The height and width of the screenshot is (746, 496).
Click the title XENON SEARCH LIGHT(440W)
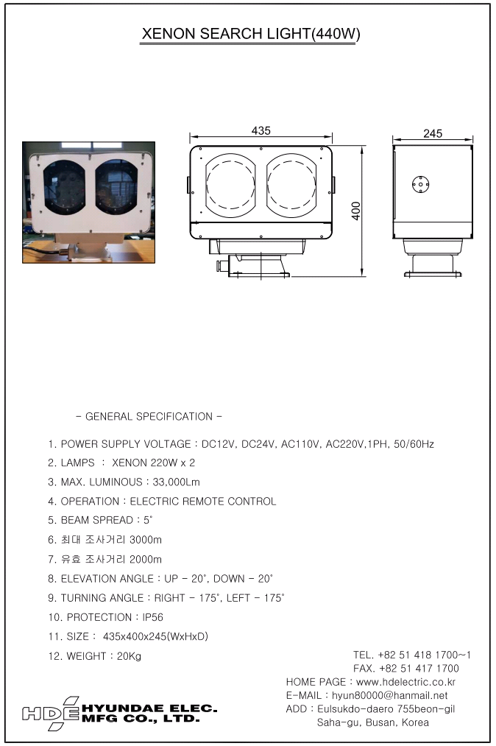pyautogui.click(x=251, y=33)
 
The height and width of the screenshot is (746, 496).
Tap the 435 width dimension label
pyautogui.click(x=261, y=131)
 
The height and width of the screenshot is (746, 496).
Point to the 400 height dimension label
pyautogui.click(x=356, y=211)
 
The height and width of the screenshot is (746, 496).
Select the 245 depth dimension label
pyautogui.click(x=433, y=134)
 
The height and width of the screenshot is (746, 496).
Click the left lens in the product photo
pyautogui.click(x=65, y=187)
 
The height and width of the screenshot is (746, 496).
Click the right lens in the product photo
pyautogui.click(x=116, y=187)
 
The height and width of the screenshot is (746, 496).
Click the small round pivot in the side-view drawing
pyautogui.click(x=420, y=185)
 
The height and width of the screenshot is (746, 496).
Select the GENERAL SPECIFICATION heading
pyautogui.click(x=149, y=416)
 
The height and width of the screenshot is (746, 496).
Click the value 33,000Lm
pyautogui.click(x=176, y=482)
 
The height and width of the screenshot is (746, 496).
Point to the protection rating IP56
pyautogui.click(x=152, y=617)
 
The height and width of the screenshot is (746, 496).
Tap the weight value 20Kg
pyautogui.click(x=129, y=656)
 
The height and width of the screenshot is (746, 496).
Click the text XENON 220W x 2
pyautogui.click(x=153, y=462)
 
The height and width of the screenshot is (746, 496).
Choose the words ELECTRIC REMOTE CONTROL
pyautogui.click(x=203, y=501)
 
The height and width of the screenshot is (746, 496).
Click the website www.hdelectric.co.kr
pyautogui.click(x=405, y=682)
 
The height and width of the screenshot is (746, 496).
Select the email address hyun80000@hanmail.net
pyautogui.click(x=389, y=695)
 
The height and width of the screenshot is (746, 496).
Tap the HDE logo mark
pyautogui.click(x=51, y=713)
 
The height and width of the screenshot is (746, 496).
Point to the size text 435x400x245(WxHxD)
pyautogui.click(x=155, y=636)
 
